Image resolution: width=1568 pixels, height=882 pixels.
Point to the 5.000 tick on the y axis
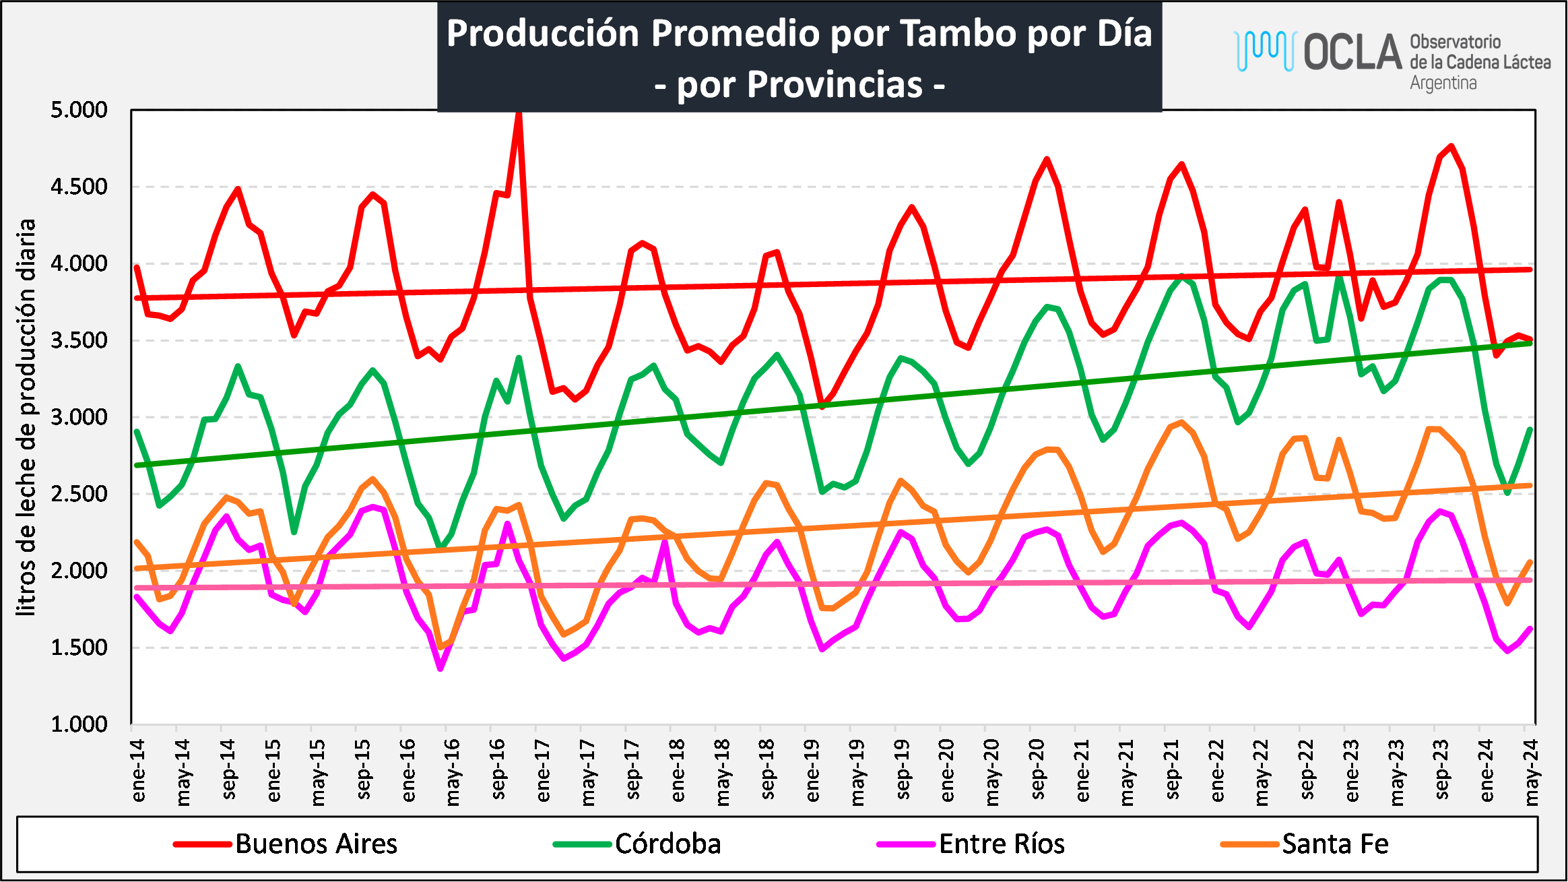[x=79, y=110]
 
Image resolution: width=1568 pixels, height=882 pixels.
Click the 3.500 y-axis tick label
[x=79, y=340]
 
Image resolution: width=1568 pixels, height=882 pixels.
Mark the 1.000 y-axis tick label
[x=79, y=724]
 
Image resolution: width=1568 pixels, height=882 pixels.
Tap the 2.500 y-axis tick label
[x=79, y=494]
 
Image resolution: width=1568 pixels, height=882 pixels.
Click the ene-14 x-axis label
[x=138, y=770]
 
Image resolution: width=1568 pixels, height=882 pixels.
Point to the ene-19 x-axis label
[x=812, y=770]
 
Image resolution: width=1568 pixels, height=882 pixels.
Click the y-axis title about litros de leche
[x=26, y=417]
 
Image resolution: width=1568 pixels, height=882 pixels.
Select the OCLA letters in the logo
[x=1352, y=53]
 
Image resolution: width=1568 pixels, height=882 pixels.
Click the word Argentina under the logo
[x=1443, y=83]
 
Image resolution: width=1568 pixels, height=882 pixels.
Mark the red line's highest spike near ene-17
[x=519, y=115]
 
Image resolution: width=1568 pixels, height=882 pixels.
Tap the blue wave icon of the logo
[x=1265, y=50]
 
